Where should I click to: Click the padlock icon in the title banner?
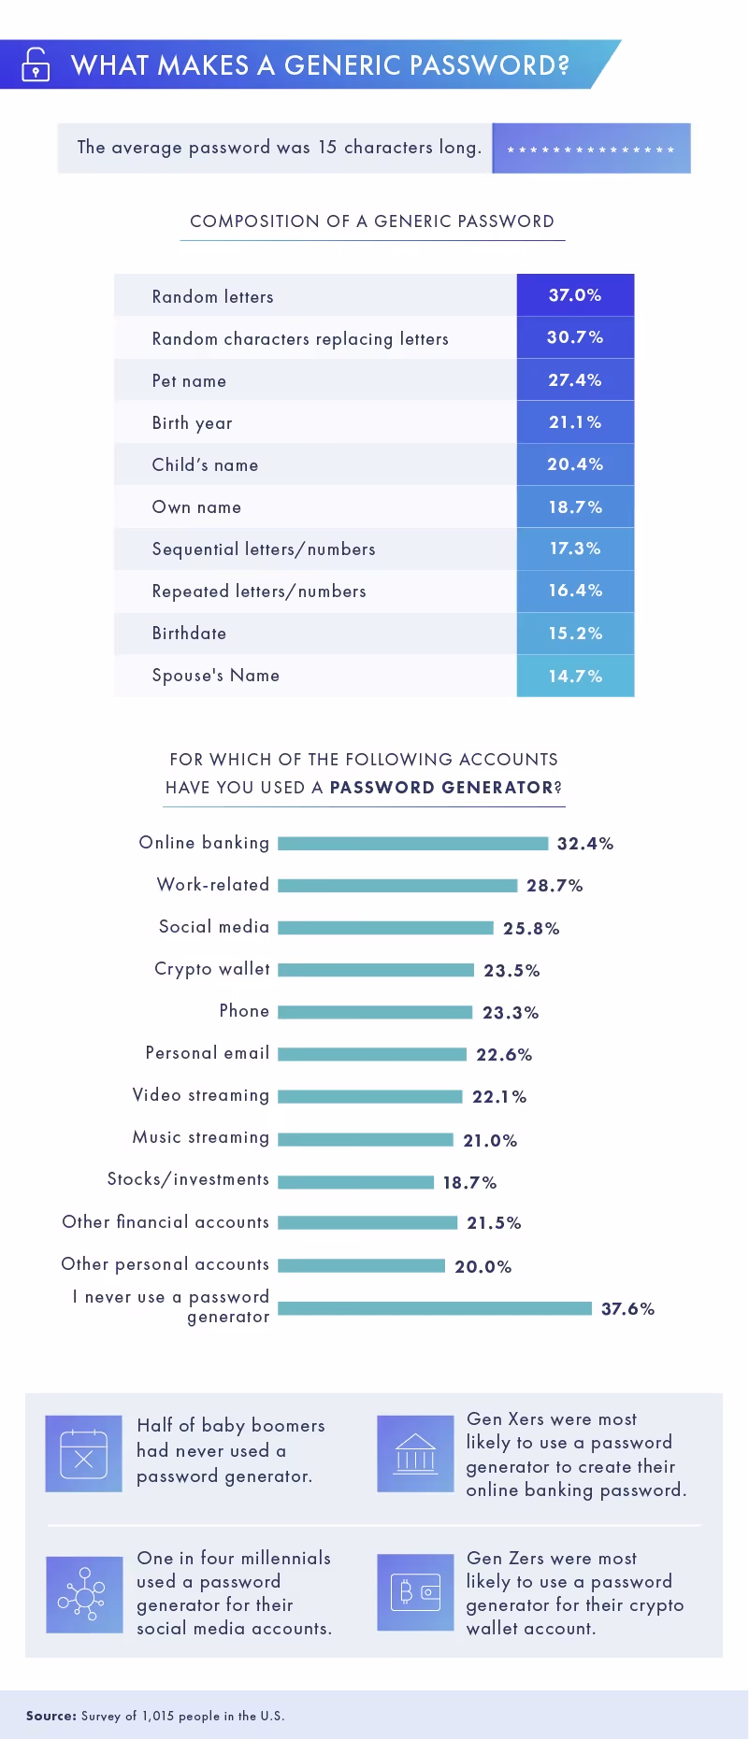pyautogui.click(x=36, y=64)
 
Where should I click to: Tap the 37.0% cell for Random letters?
pyautogui.click(x=575, y=295)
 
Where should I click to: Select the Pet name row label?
pyautogui.click(x=189, y=381)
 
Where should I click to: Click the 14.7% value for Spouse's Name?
pyautogui.click(x=575, y=676)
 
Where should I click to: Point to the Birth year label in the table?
pyautogui.click(x=192, y=423)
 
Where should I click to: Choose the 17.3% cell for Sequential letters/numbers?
pyautogui.click(x=575, y=549)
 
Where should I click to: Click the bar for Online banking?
pyautogui.click(x=412, y=844)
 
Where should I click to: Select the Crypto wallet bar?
pyautogui.click(x=376, y=970)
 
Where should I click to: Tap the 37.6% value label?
pyautogui.click(x=627, y=1308)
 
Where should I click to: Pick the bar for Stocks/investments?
pyautogui.click(x=355, y=1182)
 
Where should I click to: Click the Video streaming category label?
pyautogui.click(x=200, y=1095)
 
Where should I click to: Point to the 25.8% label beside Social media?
pyautogui.click(x=531, y=928)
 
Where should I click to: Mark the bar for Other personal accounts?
pyautogui.click(x=361, y=1266)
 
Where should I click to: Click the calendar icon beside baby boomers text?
pyautogui.click(x=83, y=1453)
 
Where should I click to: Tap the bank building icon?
pyautogui.click(x=415, y=1453)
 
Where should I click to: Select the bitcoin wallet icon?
pyautogui.click(x=415, y=1592)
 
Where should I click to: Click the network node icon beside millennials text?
pyautogui.click(x=84, y=1594)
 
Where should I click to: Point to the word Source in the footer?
pyautogui.click(x=50, y=1716)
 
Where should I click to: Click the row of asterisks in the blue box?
pyautogui.click(x=590, y=150)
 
